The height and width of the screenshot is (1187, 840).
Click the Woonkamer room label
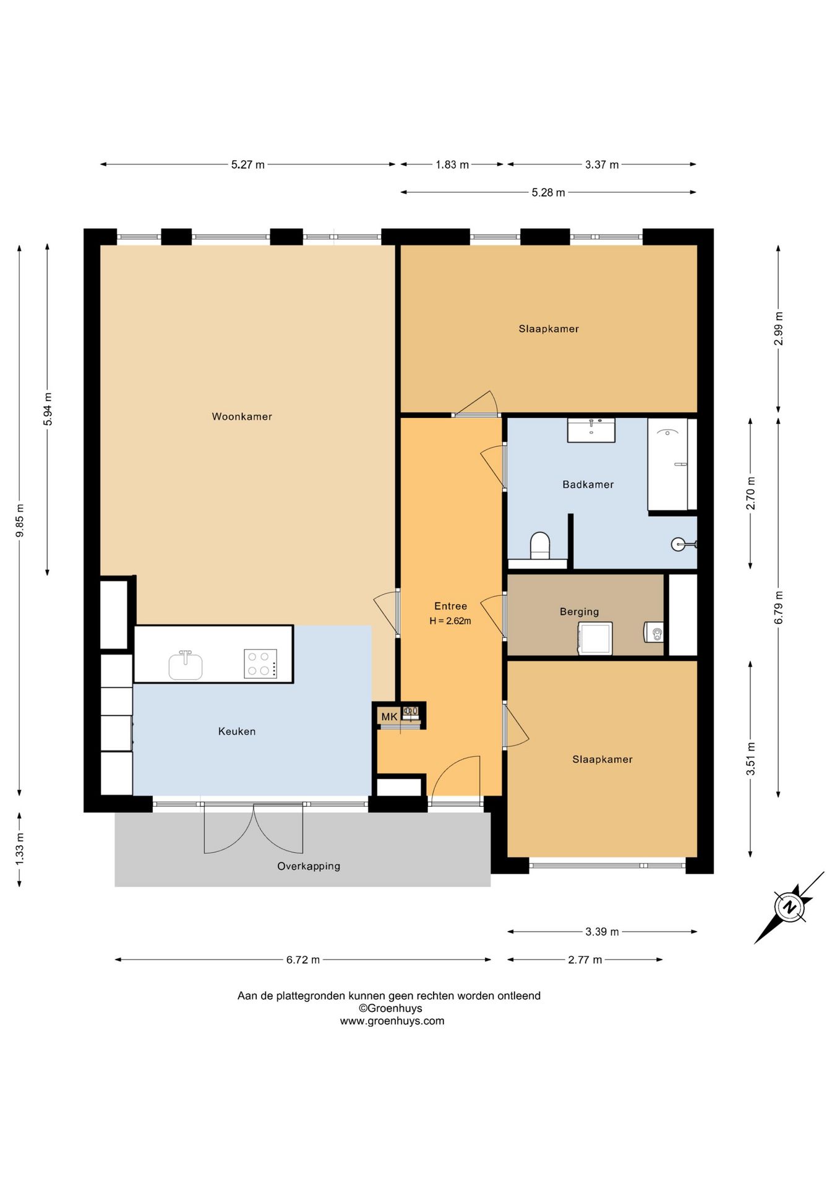pos(242,417)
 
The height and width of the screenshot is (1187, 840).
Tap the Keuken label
pos(237,731)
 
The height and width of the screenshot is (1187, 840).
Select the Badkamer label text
pos(588,485)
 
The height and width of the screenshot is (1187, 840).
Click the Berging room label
pos(580,612)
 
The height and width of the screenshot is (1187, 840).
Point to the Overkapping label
pos(309,866)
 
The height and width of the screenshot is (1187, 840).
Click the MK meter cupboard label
pos(389,717)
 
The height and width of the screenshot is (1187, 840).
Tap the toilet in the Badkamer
pos(540,545)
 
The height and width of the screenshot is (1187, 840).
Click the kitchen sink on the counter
pos(186,665)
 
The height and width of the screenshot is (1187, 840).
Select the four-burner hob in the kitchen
pos(260,664)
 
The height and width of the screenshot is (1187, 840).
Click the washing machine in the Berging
pos(595,639)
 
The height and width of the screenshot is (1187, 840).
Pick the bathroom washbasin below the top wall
pos(591,430)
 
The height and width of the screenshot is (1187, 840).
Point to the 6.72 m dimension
pos(303,960)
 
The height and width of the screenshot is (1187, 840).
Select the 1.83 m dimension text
pos(452,164)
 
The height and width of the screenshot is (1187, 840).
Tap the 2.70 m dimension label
pos(751,493)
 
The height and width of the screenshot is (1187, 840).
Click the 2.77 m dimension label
pos(585,960)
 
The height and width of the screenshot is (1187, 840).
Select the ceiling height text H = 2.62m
pos(450,621)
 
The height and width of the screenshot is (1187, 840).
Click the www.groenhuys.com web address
pos(392,1021)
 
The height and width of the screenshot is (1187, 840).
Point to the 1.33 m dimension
pos(20,849)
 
